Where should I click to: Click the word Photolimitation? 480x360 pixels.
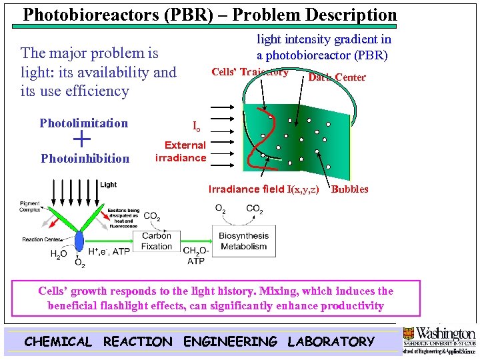[x=83, y=123]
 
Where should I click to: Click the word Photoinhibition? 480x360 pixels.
[x=85, y=159]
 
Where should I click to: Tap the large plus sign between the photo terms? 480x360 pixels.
[x=81, y=139]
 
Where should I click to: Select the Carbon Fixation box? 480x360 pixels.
[x=157, y=241]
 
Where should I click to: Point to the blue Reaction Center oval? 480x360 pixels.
[x=79, y=241]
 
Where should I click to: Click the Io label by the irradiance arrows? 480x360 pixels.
[x=196, y=126]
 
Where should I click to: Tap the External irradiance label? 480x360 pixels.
[x=181, y=151]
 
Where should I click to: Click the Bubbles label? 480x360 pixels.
[x=349, y=189]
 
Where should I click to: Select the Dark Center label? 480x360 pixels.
[x=337, y=77]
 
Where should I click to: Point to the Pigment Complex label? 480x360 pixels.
[x=30, y=206]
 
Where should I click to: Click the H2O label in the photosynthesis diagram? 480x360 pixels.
[x=59, y=254]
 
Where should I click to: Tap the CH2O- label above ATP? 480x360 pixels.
[x=195, y=251]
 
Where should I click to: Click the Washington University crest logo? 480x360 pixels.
[x=407, y=333]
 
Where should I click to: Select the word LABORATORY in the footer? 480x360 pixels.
[x=331, y=342]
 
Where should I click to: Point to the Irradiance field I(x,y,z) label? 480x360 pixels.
[x=264, y=189]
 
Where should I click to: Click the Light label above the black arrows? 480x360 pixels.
[x=109, y=185]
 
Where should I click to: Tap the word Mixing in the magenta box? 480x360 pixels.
[x=279, y=291]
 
